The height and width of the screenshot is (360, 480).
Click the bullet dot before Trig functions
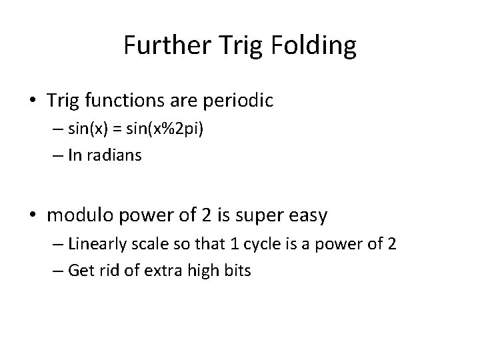tap(33, 102)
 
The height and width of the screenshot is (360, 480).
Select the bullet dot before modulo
tap(33, 215)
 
